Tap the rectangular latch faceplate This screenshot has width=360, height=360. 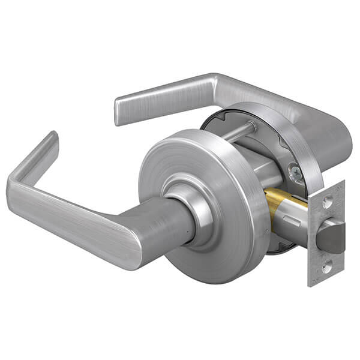click(327, 234)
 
